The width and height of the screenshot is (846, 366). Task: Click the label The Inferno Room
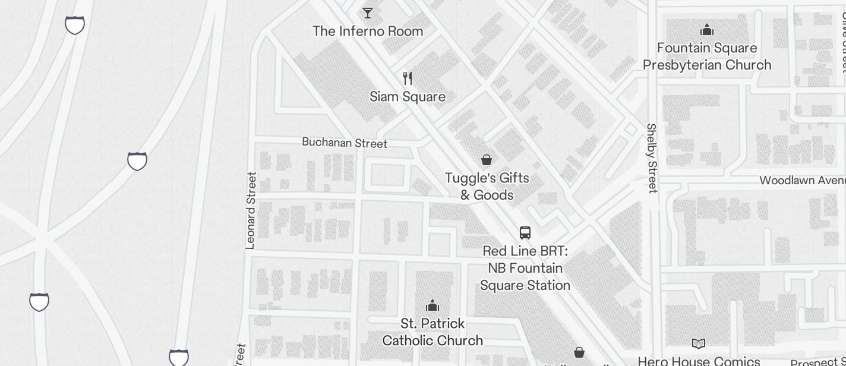tap(368, 31)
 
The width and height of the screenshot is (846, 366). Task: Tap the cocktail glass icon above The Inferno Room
tap(368, 12)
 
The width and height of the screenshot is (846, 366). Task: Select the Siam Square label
tap(408, 97)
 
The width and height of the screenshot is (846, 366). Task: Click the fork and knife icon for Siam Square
tap(408, 78)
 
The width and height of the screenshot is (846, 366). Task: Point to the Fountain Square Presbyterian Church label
tap(707, 56)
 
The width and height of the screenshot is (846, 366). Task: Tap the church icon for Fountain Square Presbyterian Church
tap(707, 29)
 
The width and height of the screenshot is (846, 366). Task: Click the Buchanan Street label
tap(345, 143)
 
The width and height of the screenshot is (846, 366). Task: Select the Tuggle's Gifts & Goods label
tap(487, 187)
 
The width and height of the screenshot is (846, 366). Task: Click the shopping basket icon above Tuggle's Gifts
tap(487, 160)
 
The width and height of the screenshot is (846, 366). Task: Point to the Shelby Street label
tap(652, 158)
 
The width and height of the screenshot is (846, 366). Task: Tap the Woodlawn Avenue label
tap(802, 180)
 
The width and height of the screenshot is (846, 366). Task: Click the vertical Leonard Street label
tap(251, 210)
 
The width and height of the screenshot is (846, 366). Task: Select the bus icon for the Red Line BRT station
tap(525, 232)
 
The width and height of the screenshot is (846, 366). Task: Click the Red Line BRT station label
tap(525, 269)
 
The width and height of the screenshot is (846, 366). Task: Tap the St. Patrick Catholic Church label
tap(433, 332)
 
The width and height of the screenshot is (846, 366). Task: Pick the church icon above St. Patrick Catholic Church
tap(433, 305)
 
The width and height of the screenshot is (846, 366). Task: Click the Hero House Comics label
tap(699, 361)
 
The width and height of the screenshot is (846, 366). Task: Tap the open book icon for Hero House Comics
tap(699, 343)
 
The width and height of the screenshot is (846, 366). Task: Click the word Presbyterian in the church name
tap(707, 65)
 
